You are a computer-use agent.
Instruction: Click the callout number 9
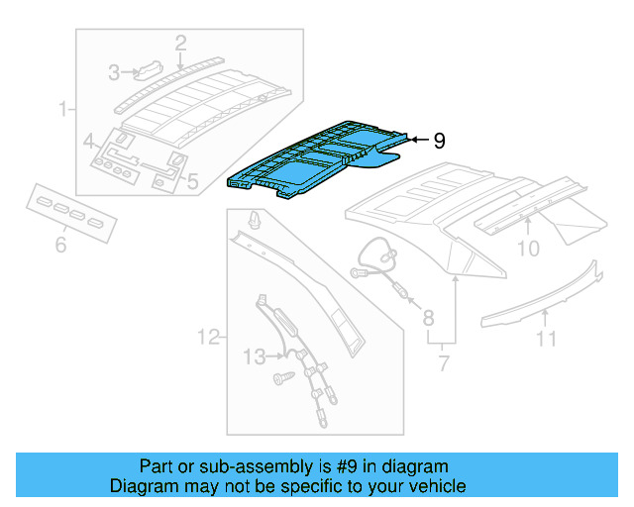point(439,142)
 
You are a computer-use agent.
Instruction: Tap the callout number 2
point(180,43)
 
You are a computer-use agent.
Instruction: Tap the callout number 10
point(528,248)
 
